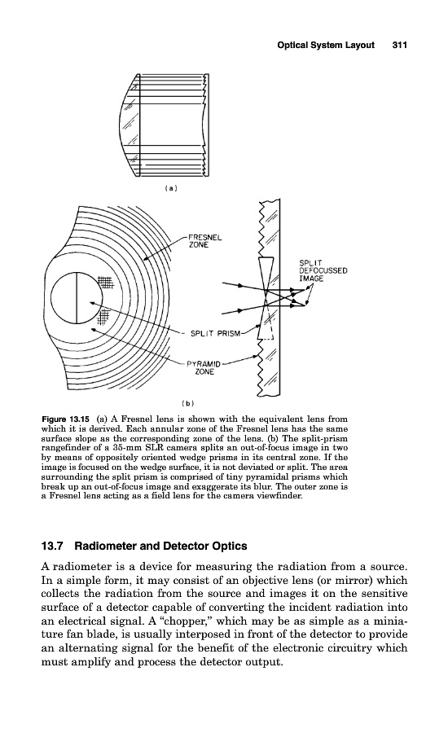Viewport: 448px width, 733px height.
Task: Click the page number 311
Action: [400, 45]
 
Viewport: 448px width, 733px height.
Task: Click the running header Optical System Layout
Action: [326, 45]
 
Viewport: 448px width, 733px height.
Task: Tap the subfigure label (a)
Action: [172, 188]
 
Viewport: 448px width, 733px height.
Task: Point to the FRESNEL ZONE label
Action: [204, 241]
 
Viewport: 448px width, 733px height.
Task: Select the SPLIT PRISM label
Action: [215, 333]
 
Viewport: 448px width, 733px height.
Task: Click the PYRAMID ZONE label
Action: [204, 368]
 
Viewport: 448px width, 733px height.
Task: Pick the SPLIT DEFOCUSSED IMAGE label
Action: [323, 270]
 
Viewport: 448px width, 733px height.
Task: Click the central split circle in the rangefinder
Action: [77, 298]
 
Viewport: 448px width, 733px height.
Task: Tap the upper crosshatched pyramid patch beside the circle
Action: [106, 282]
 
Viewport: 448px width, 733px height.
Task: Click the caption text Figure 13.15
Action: [65, 419]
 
